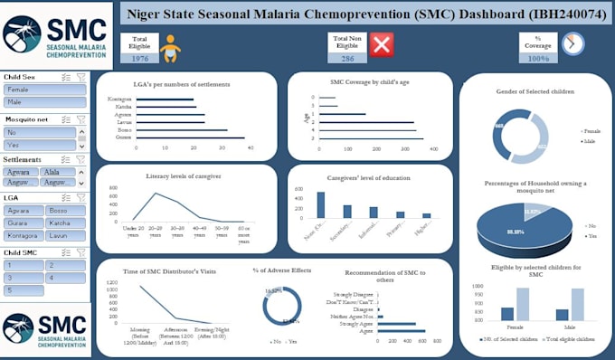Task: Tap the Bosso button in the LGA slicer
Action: click(x=67, y=210)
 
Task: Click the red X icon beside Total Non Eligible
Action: click(x=382, y=44)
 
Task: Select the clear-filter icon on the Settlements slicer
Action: click(x=80, y=159)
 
